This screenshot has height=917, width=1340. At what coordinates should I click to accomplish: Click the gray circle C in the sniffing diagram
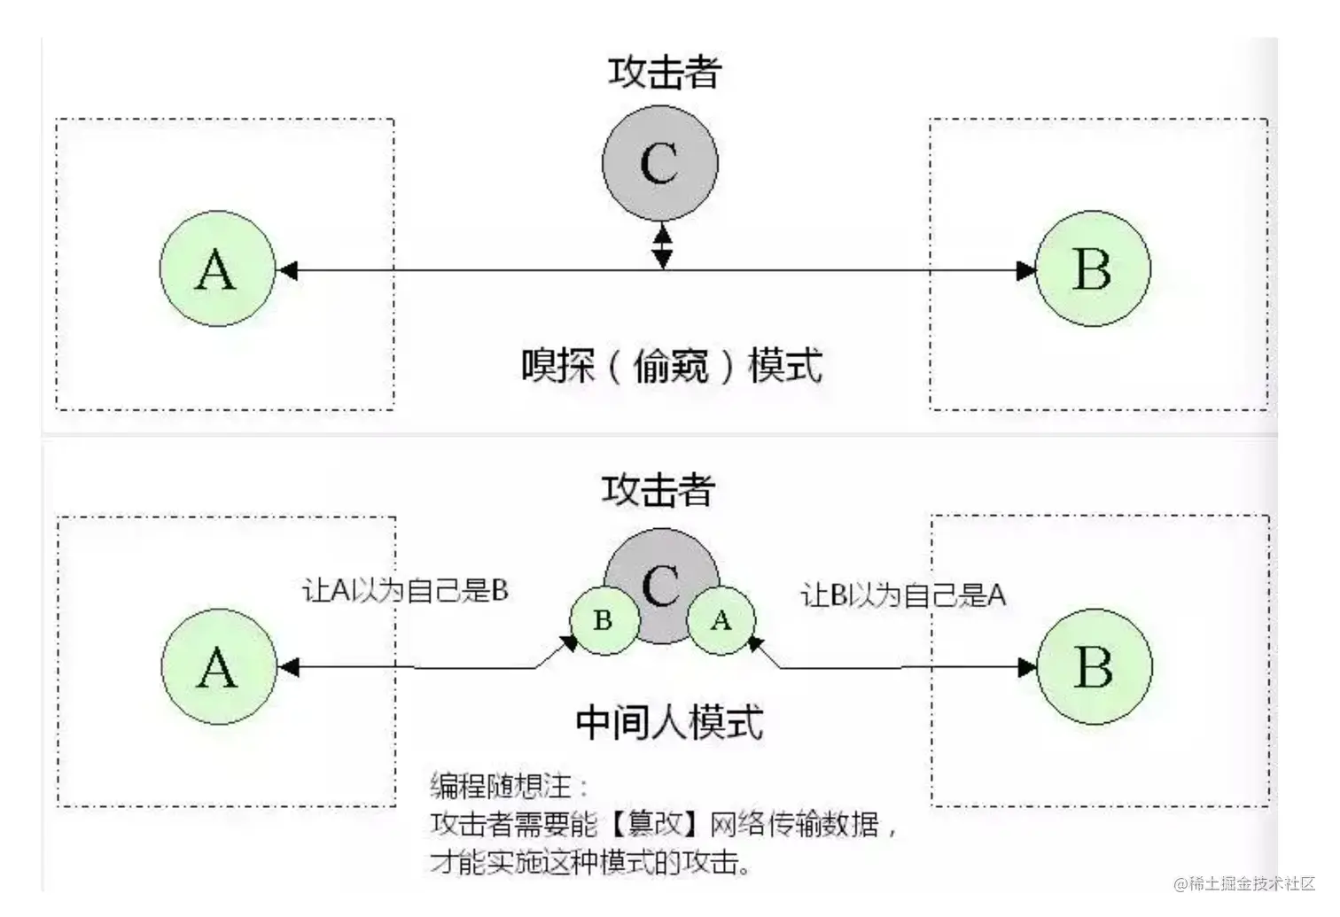point(659,163)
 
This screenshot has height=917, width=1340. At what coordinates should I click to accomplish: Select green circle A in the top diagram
point(216,268)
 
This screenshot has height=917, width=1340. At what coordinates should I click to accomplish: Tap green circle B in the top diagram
point(1092,268)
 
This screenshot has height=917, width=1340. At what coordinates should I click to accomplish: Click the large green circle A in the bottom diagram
point(218,667)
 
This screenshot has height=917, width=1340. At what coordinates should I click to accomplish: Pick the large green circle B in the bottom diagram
point(1094,667)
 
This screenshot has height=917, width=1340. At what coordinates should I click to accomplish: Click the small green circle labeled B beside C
point(604,620)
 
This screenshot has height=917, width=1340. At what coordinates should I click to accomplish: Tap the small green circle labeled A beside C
point(721,620)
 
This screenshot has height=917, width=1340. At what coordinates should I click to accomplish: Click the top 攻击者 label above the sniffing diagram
point(665,73)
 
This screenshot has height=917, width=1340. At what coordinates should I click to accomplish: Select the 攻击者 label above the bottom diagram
point(658,490)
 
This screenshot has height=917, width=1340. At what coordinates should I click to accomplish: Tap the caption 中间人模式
point(669,723)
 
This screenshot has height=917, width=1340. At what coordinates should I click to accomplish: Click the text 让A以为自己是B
point(406,591)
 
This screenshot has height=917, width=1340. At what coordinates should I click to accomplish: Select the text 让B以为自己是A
point(903,595)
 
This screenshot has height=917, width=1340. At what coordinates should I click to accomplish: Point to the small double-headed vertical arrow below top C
point(662,246)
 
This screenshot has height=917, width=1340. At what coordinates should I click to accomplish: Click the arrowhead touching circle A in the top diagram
point(287,270)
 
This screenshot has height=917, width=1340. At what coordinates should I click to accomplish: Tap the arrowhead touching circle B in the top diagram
point(1025,270)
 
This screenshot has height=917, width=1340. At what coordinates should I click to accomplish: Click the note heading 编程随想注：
point(509,786)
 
